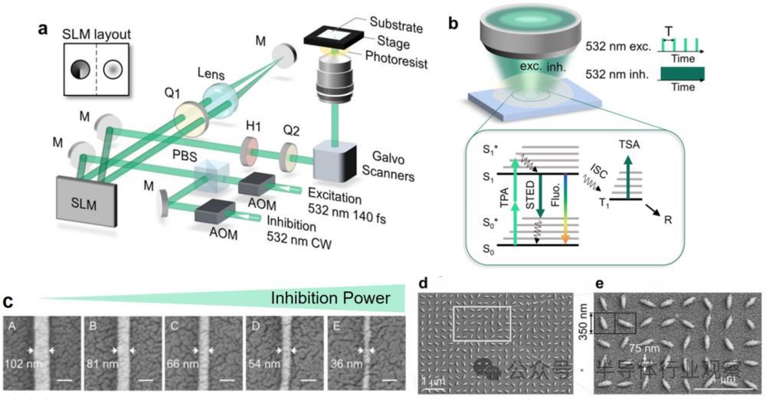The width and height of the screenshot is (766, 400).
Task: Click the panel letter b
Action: (x=453, y=25)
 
